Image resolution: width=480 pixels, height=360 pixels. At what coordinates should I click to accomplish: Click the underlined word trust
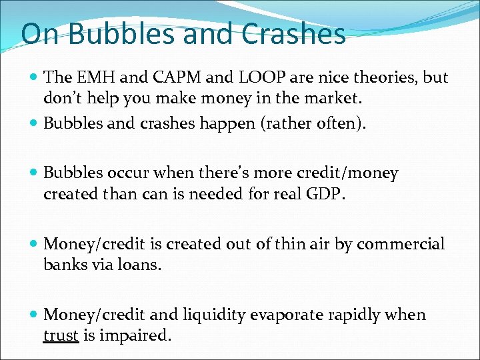click(61, 335)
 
